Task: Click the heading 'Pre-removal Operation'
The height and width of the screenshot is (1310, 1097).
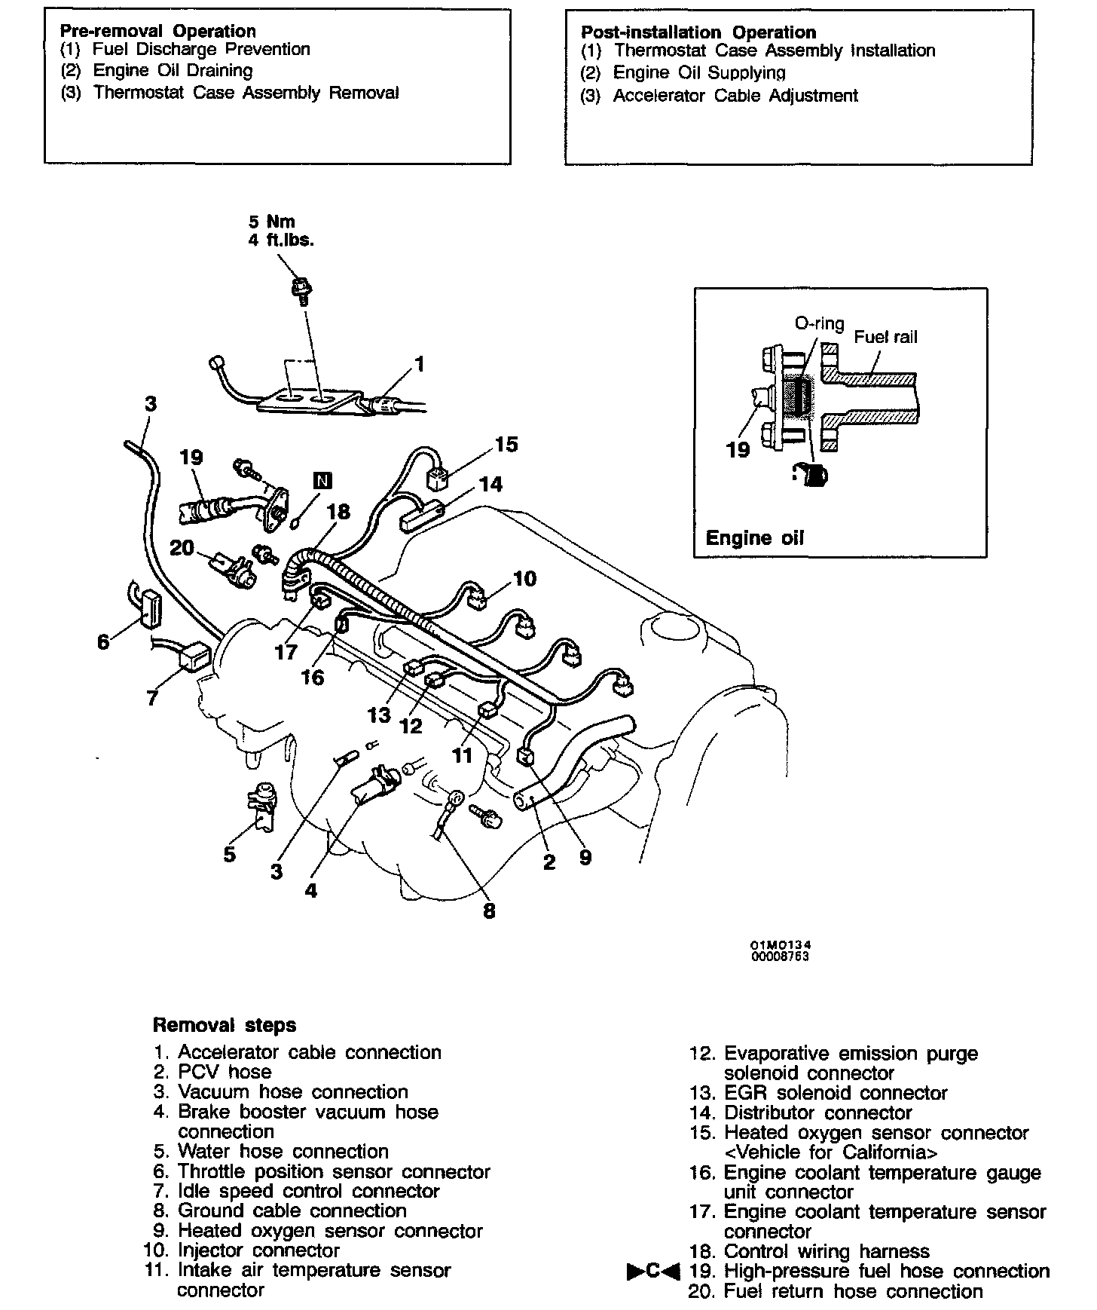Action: coord(157,31)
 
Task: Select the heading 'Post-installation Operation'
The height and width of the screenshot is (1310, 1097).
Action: coord(698,32)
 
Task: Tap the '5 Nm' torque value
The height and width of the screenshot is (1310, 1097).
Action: coord(272,222)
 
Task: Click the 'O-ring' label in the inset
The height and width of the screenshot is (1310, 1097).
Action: coord(820,323)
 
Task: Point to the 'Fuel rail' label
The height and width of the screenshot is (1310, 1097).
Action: coord(885,337)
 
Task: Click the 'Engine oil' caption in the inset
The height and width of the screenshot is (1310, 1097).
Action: coord(754,537)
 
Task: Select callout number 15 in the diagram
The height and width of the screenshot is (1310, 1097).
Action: coord(506,444)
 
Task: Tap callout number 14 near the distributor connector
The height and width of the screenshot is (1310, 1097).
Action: coord(490,484)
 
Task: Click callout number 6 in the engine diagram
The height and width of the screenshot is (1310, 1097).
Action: coord(103,642)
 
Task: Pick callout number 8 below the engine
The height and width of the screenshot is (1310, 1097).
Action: coord(489,911)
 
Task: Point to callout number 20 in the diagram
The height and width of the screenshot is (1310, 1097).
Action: coord(182,548)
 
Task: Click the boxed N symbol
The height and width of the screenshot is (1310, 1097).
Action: coord(322,481)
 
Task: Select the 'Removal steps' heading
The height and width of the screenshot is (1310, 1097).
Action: coord(224,1025)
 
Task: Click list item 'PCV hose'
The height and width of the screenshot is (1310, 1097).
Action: coord(225,1072)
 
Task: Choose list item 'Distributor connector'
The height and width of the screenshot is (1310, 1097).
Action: coord(817,1113)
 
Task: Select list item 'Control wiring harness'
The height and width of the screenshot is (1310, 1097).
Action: coord(827,1251)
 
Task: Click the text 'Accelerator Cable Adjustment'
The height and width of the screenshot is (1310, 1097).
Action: coord(735,96)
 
